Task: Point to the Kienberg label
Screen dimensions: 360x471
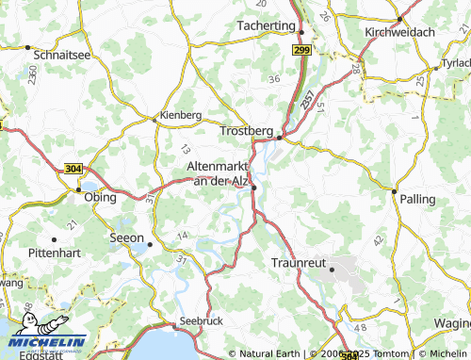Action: (x=181, y=115)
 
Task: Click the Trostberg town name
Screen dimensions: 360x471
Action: (x=246, y=130)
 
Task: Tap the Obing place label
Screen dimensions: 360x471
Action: (x=100, y=198)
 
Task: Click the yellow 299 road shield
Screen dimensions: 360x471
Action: (x=301, y=49)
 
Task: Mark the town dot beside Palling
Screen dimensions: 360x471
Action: (x=394, y=190)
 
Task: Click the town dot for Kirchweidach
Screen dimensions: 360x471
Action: (x=400, y=18)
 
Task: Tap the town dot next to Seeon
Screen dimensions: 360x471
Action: (x=150, y=243)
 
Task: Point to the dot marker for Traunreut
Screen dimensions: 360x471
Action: (x=332, y=269)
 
